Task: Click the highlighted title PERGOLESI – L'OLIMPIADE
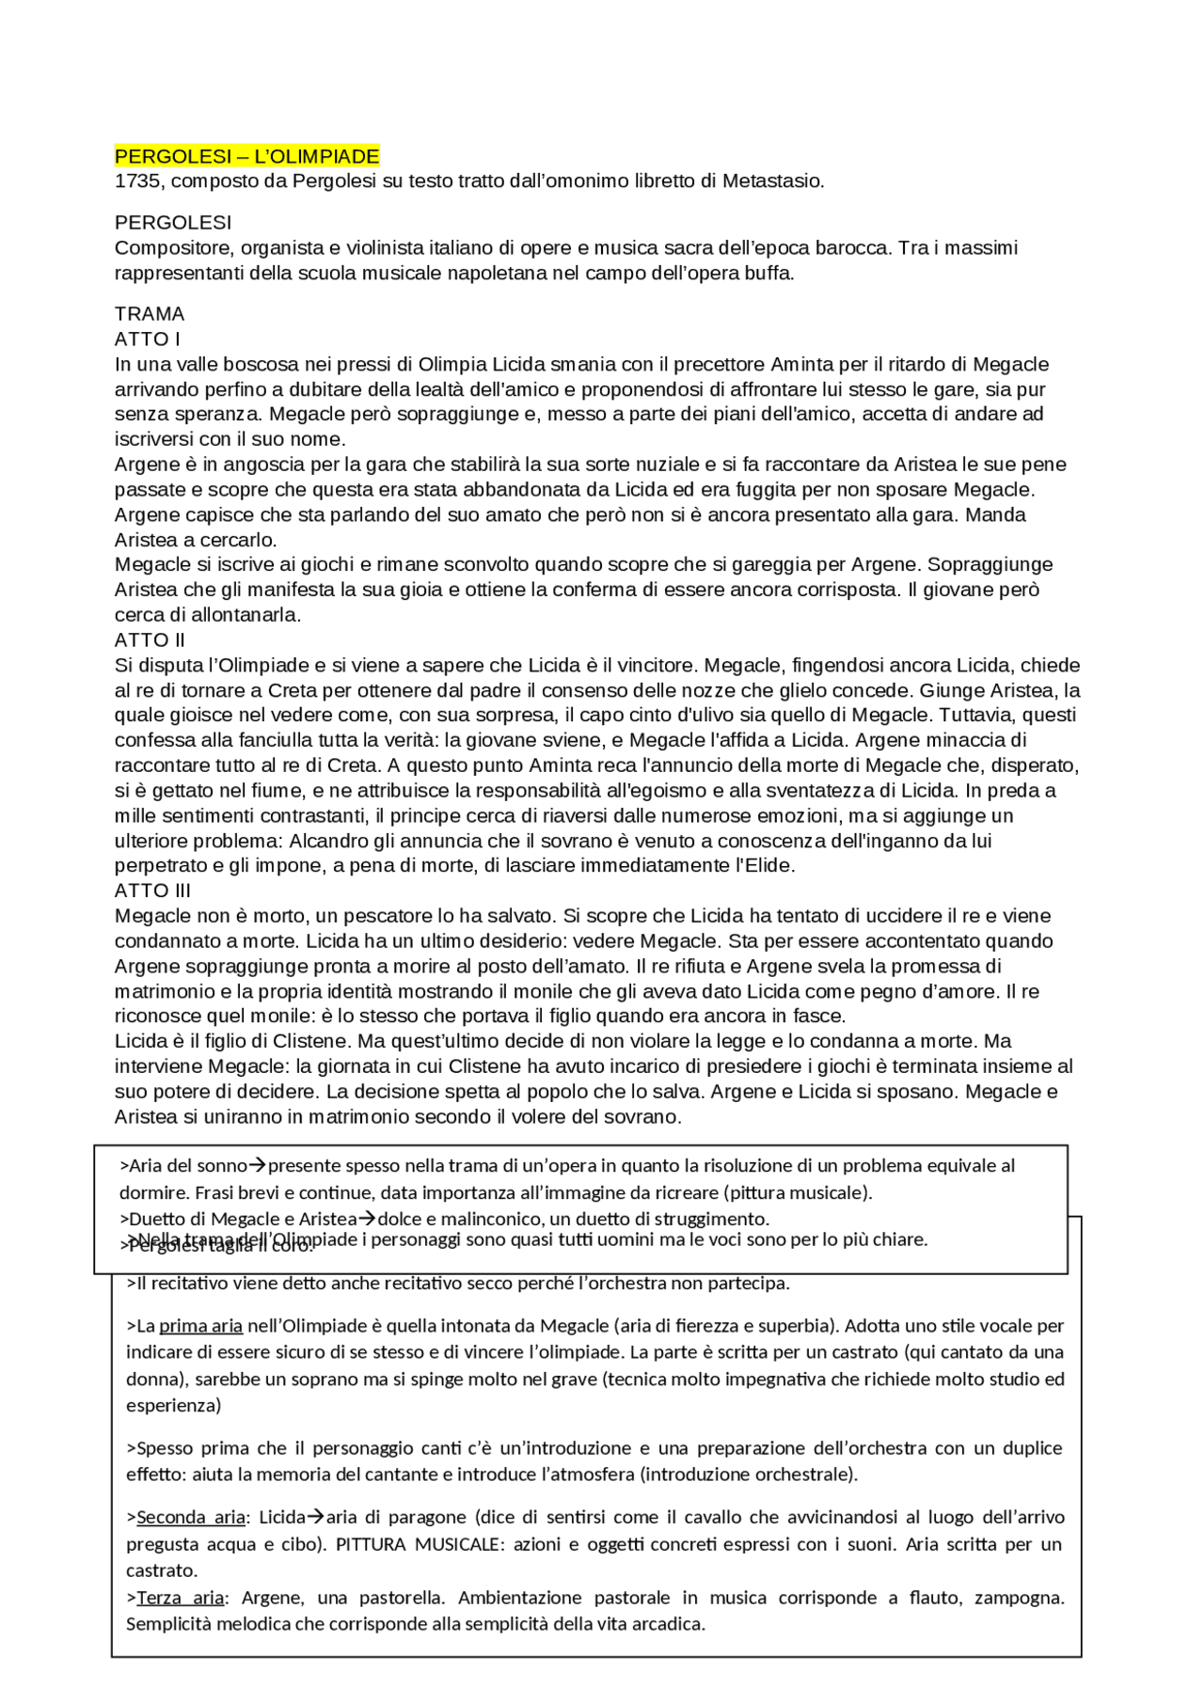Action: [x=246, y=156]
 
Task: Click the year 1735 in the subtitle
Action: [x=137, y=181]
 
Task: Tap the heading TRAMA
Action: [x=150, y=314]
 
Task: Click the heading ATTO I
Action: [x=148, y=339]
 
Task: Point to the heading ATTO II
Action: [x=150, y=640]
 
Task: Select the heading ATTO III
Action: [x=152, y=891]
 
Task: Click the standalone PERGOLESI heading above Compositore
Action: [x=173, y=223]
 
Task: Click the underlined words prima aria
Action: [x=200, y=1326]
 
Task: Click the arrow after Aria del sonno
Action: [x=257, y=1166]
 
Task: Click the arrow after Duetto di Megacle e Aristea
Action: [x=367, y=1219]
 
